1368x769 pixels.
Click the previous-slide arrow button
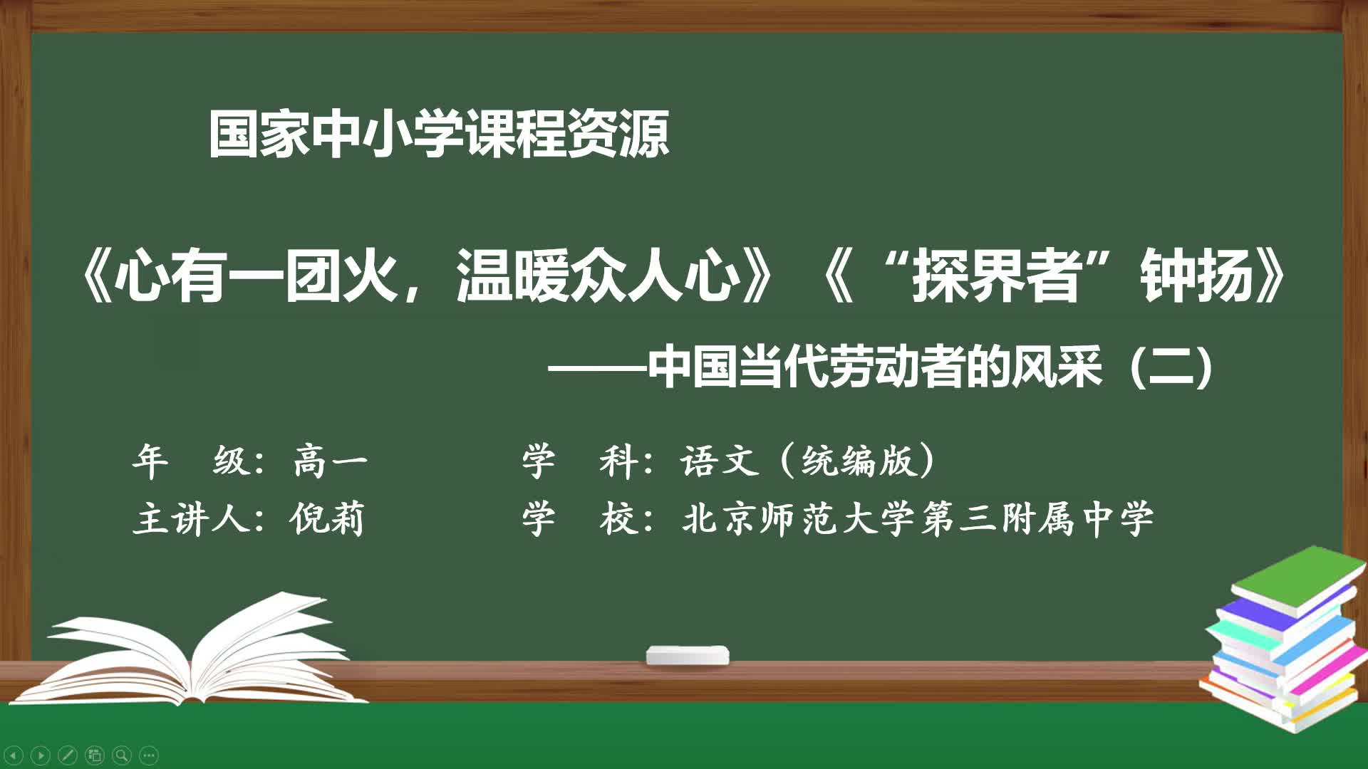[14, 755]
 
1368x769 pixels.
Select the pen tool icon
[68, 755]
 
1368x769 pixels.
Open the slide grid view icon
[95, 755]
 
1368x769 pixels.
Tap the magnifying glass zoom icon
[122, 755]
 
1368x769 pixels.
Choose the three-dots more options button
[149, 755]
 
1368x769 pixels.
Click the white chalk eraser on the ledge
[688, 656]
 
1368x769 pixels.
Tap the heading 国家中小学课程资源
[439, 134]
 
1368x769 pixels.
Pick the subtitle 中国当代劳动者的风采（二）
[930, 367]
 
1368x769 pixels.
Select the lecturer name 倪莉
[327, 518]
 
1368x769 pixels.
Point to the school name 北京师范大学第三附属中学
[918, 518]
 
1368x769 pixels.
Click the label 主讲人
[190, 518]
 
